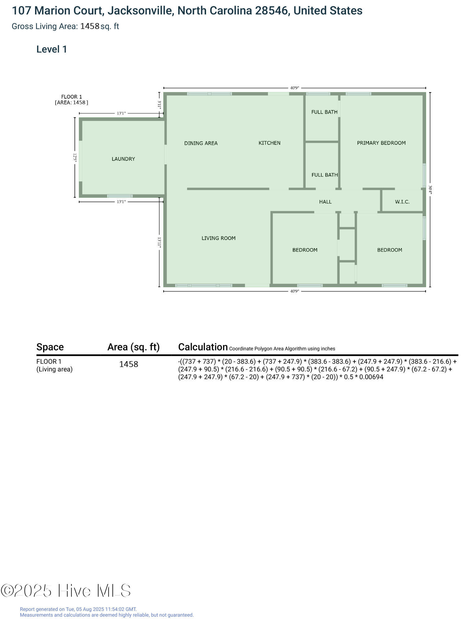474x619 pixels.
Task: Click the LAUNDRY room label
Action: coord(123,159)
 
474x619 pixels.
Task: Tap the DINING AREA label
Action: coord(201,143)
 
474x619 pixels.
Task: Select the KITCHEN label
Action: coord(270,143)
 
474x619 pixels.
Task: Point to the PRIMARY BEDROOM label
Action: coord(381,143)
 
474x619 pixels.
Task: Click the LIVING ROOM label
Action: coord(219,238)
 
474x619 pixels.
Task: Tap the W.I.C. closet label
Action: coord(402,202)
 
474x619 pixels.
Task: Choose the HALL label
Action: coord(325,202)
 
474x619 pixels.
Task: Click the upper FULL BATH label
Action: coord(324,112)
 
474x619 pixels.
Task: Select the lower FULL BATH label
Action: coord(325,175)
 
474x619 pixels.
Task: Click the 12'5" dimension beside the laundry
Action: coord(75,158)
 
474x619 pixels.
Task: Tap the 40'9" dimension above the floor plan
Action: coord(295,88)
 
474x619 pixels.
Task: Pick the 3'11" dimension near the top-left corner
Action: coord(159,105)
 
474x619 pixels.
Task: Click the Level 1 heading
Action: coord(52,49)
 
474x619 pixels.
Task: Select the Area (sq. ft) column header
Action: coord(134,347)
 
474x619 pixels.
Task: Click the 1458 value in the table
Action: coord(129,364)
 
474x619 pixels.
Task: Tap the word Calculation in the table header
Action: coord(203,347)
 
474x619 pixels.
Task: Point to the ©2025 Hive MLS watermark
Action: coord(66,591)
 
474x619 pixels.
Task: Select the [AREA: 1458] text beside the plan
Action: coord(72,102)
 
